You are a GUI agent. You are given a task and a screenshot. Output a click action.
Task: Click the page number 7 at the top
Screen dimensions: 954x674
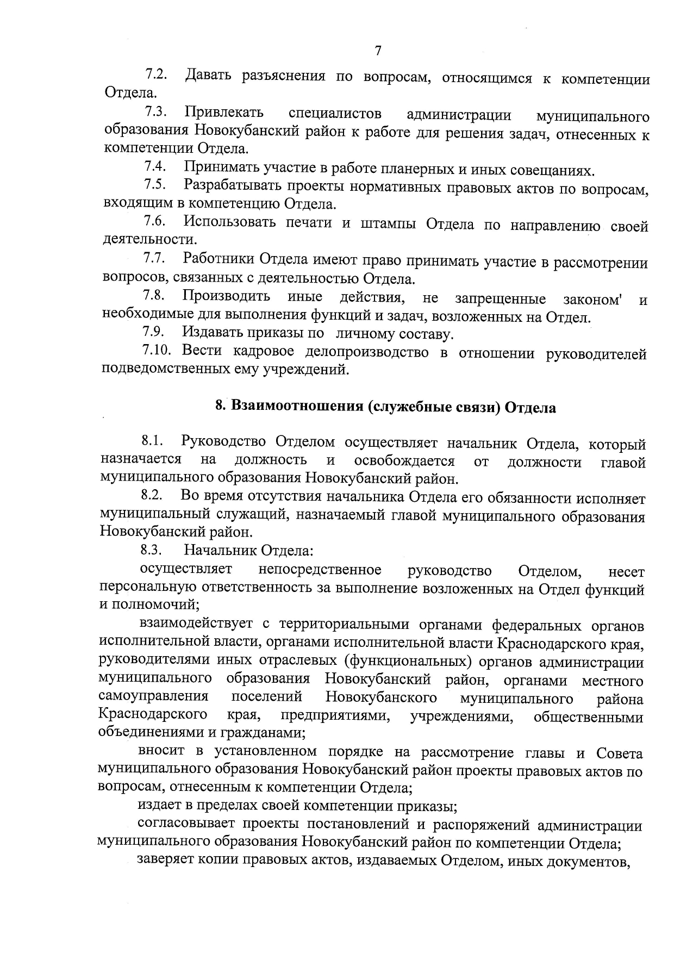click(x=378, y=51)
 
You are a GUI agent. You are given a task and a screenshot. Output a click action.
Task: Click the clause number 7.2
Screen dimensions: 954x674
click(x=155, y=74)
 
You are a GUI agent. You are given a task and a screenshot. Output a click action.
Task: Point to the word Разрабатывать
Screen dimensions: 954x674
click(x=232, y=185)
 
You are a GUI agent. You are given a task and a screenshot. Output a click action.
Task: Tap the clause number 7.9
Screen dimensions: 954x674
click(x=154, y=332)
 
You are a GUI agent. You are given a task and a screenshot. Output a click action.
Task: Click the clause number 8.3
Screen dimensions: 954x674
click(x=152, y=550)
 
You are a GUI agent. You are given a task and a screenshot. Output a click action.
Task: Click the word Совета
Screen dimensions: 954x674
click(x=619, y=753)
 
